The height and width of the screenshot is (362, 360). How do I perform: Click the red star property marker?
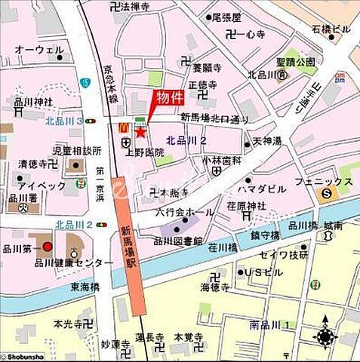click(140, 132)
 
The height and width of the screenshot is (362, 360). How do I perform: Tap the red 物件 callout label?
click(169, 97)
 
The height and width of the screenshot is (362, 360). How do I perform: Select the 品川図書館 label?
click(178, 241)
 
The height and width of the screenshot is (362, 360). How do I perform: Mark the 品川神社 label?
click(33, 102)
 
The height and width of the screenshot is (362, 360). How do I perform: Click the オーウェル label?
click(38, 50)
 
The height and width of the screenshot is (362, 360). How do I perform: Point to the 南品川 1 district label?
click(274, 325)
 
